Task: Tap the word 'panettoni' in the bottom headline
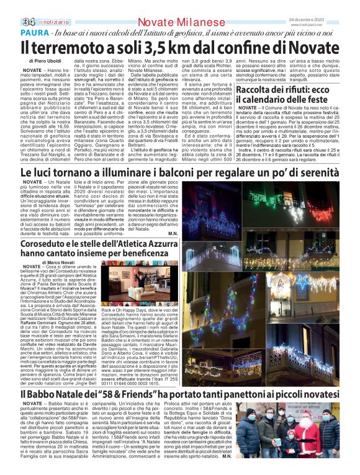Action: click(x=250, y=394)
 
